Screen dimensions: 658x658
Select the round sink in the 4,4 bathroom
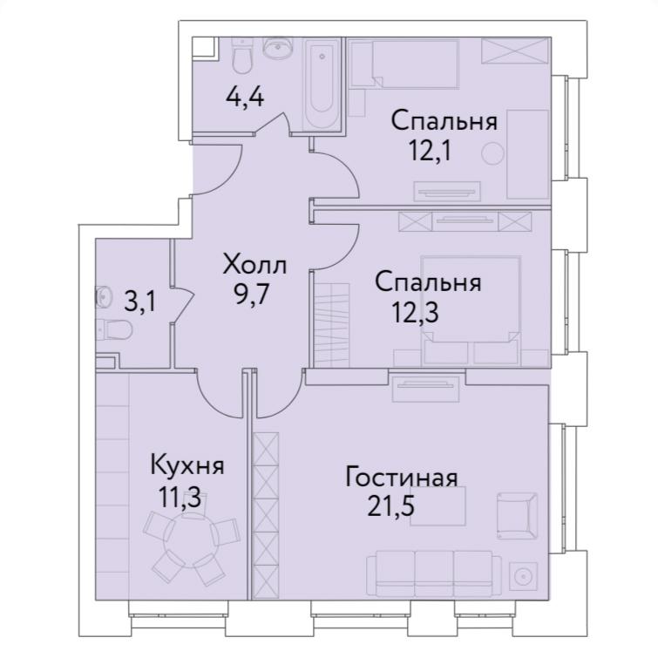[278, 48]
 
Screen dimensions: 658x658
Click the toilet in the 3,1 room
[113, 329]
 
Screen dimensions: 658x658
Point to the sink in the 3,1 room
[104, 296]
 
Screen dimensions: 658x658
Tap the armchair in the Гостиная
[517, 516]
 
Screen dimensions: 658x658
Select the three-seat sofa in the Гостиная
[434, 573]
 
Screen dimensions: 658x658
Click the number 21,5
[391, 505]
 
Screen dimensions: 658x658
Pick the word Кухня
[187, 465]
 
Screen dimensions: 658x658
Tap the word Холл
[254, 265]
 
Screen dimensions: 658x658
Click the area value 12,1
[431, 151]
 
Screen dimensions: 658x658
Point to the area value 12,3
[415, 312]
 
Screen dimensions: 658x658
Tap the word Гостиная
[401, 478]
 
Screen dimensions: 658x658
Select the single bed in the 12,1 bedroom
[404, 64]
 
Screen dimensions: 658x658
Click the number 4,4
[245, 98]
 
